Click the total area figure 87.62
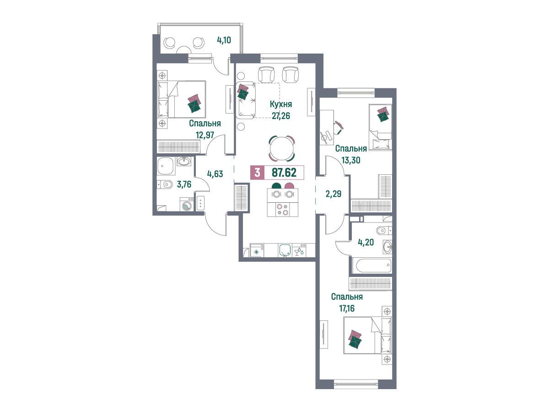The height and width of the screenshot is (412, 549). (x=284, y=173)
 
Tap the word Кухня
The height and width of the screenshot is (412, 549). (x=281, y=104)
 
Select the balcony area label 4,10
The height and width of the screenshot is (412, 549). (x=224, y=40)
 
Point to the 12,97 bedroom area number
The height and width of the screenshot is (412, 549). (x=205, y=135)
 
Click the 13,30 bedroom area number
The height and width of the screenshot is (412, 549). (x=351, y=160)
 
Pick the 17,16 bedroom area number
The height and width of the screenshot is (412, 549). (x=347, y=308)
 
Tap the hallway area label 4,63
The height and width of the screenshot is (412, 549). (x=215, y=173)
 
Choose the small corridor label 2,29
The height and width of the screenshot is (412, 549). (x=334, y=194)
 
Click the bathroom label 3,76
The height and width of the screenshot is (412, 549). (x=184, y=184)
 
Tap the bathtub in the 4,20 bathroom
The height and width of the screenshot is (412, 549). (x=372, y=266)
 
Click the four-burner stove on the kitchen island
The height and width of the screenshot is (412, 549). (x=282, y=209)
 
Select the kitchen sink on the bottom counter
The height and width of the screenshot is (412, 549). (x=285, y=250)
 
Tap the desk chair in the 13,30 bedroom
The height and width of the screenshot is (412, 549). (x=338, y=128)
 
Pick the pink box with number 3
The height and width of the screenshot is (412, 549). (x=258, y=173)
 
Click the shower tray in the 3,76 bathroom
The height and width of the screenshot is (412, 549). (x=165, y=166)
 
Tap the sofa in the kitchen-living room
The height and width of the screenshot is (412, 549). (x=246, y=101)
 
